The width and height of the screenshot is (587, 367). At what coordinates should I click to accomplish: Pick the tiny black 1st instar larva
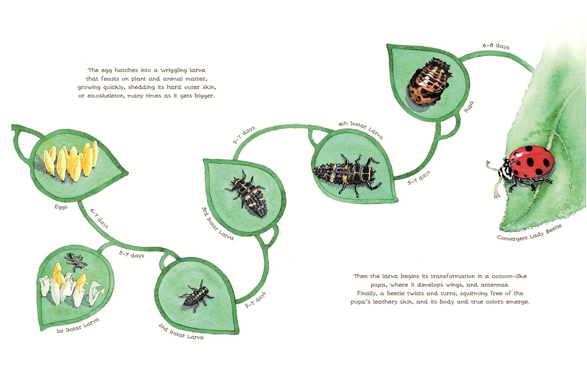click(76, 261)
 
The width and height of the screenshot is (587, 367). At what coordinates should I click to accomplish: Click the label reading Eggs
click(61, 207)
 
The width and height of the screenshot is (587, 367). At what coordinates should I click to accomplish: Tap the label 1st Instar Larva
click(78, 326)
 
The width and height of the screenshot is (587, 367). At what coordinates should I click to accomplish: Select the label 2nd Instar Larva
click(181, 332)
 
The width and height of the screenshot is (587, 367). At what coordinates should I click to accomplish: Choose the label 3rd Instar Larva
click(217, 223)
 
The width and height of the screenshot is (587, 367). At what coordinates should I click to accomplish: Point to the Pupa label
click(469, 107)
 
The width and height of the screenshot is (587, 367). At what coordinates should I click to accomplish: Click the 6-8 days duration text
click(496, 46)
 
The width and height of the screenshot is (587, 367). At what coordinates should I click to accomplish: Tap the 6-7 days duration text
click(99, 218)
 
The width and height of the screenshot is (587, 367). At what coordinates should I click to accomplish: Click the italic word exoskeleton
click(105, 96)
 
